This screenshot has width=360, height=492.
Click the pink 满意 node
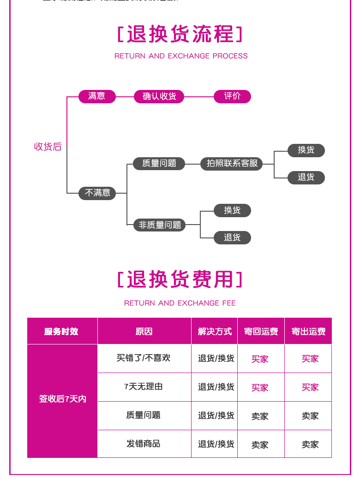96,96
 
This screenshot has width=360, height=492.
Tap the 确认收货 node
159,96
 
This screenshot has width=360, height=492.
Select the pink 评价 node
232,96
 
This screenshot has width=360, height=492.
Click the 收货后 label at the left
48,147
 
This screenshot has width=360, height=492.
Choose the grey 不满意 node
97,193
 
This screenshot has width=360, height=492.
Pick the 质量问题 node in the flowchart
159,164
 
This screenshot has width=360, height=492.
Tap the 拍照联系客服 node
232,164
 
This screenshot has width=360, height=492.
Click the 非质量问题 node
160,225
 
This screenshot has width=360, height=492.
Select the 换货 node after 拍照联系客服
306,150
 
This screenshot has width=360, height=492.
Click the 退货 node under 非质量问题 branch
232,237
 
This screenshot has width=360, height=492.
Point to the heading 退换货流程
180,35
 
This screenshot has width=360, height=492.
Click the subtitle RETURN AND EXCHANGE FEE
180,303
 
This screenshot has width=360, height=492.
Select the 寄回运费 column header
261,332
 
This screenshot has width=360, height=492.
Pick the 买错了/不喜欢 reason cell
144,358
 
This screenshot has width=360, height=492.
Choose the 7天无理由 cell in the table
144,387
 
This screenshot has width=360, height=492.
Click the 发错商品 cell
144,444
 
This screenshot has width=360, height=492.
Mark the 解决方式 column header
215,332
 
